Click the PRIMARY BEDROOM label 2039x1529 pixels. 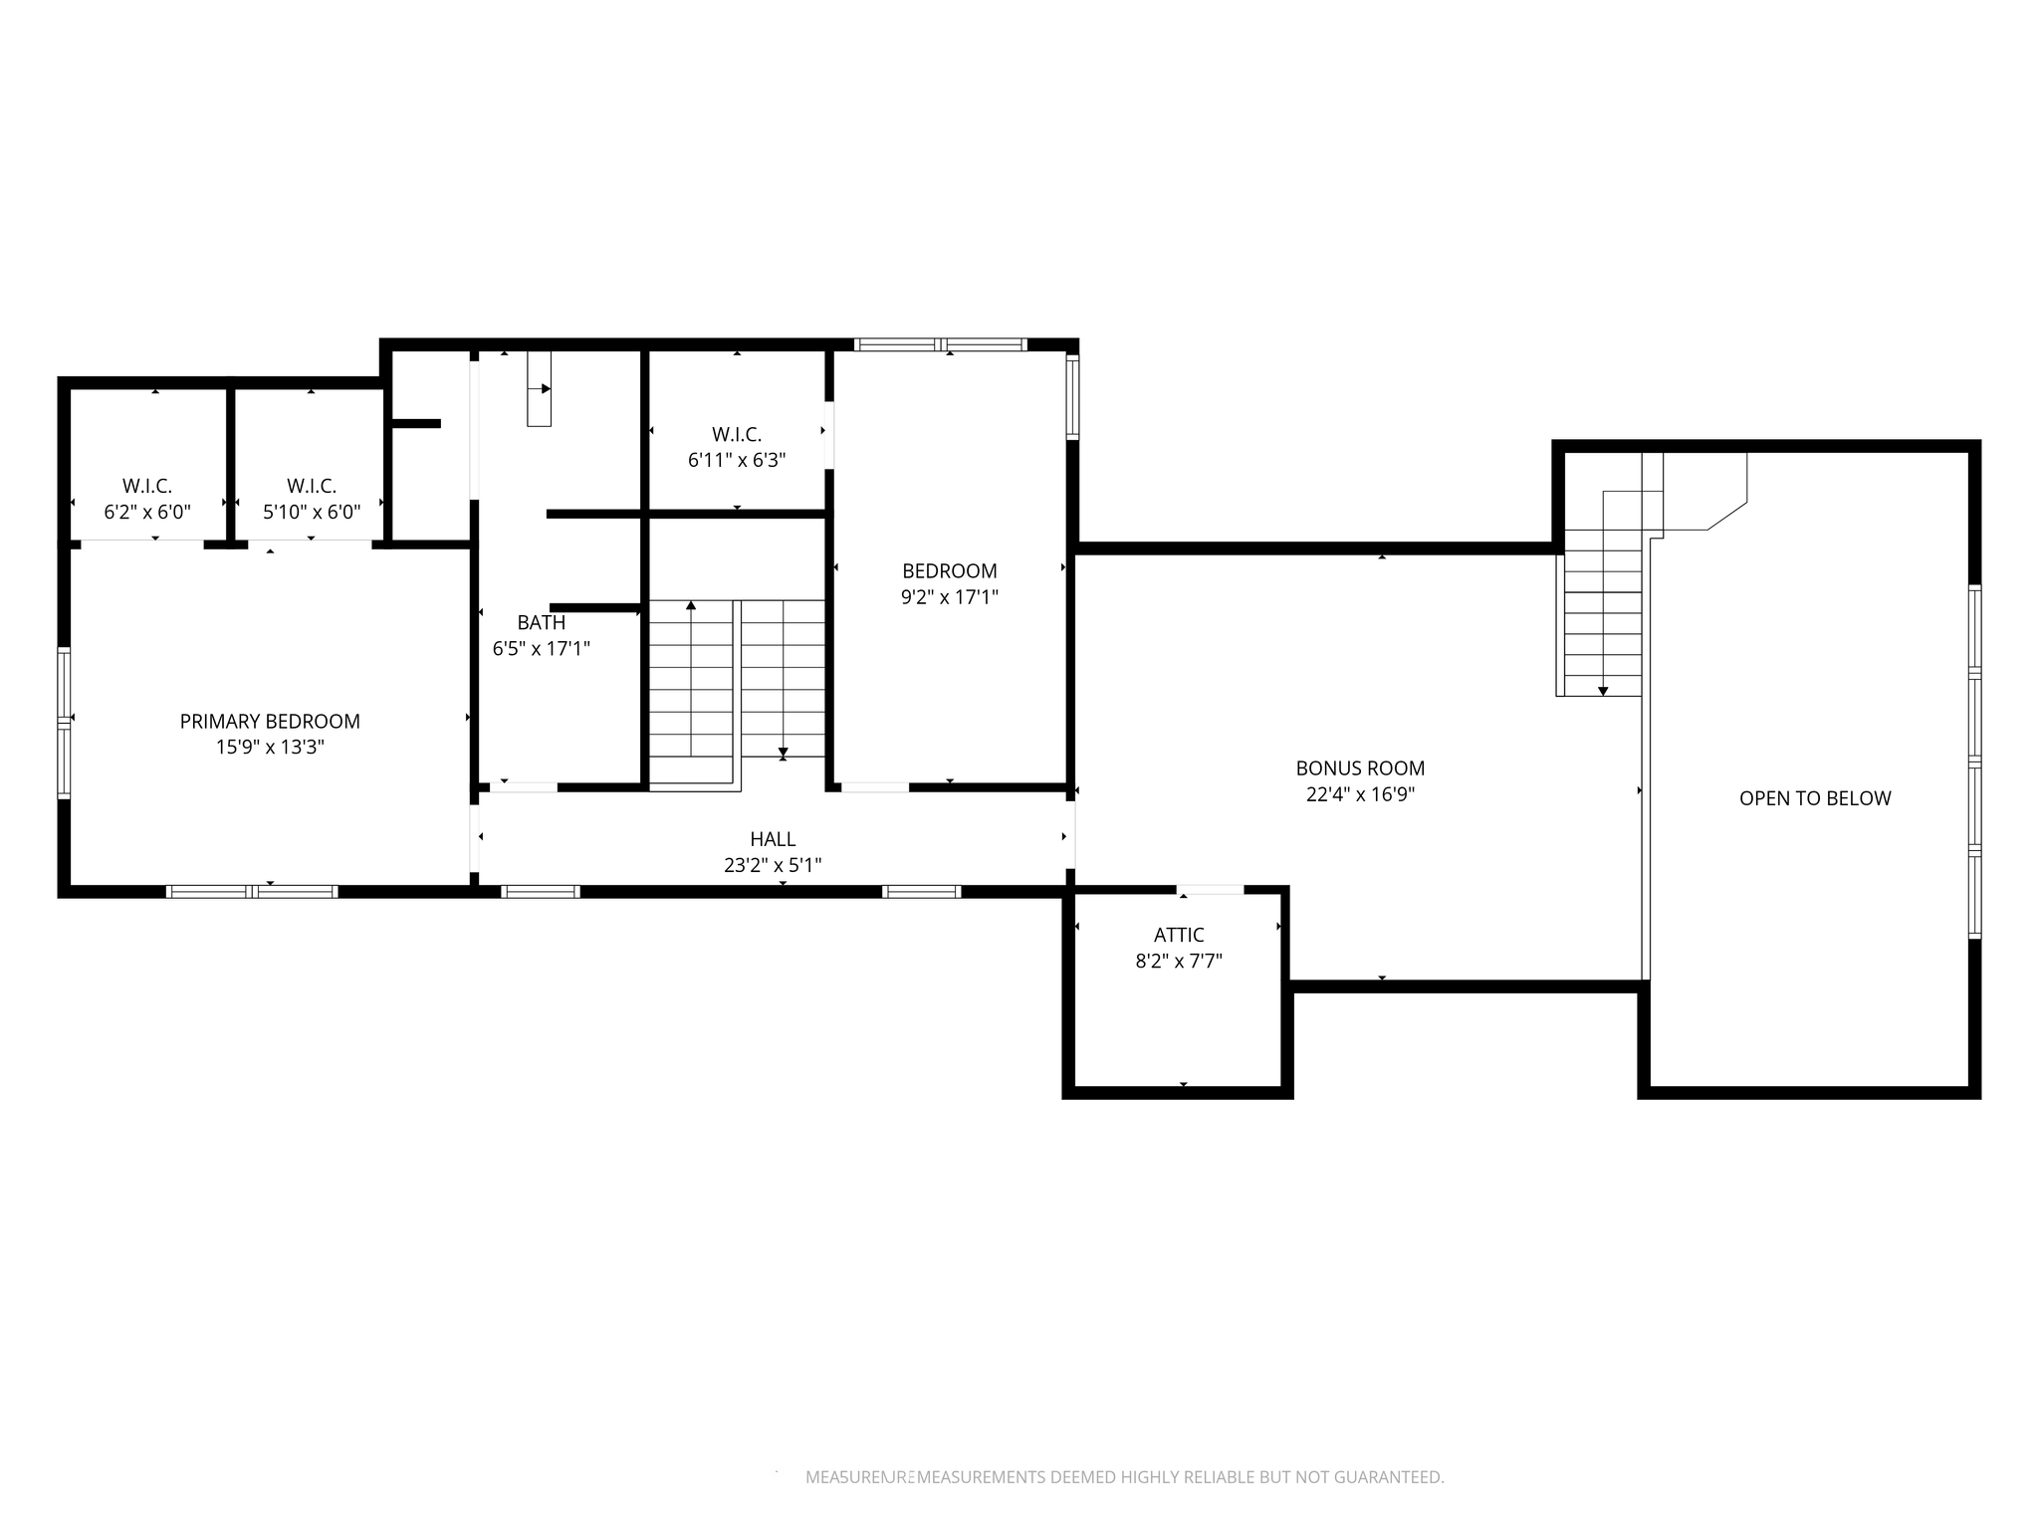tap(270, 721)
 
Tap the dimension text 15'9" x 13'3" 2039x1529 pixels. tap(270, 747)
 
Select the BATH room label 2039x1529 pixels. tap(542, 622)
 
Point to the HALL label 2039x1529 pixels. tap(773, 839)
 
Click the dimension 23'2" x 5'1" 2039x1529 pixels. tap(773, 865)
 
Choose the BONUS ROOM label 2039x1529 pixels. tap(1360, 767)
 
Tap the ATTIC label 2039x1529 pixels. tap(1179, 935)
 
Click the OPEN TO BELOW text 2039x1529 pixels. tap(1815, 797)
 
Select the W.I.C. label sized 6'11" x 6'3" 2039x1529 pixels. tap(737, 434)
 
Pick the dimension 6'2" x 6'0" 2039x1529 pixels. tap(147, 512)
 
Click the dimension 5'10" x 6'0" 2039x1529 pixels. tap(312, 512)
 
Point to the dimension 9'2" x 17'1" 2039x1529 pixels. tap(950, 596)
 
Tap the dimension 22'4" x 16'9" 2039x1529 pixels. tap(1360, 793)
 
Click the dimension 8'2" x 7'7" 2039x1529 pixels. tap(1179, 961)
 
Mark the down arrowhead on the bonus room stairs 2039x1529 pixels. tap(1603, 690)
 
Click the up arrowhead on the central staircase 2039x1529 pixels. tap(691, 604)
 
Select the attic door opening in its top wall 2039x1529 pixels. tap(1210, 889)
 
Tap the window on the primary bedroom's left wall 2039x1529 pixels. tap(65, 723)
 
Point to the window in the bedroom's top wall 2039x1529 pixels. tap(940, 344)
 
